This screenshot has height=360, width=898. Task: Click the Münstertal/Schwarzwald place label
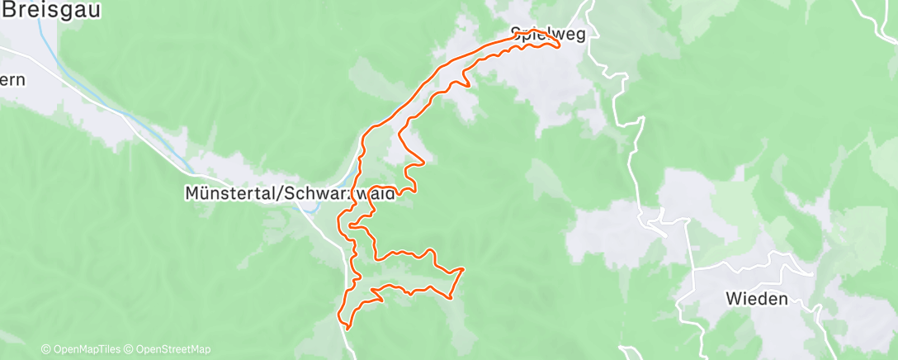pyautogui.click(x=288, y=193)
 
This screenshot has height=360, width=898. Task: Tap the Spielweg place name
pyautogui.click(x=547, y=35)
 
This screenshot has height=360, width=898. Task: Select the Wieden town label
pyautogui.click(x=757, y=299)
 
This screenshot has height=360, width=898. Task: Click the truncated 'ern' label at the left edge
pyautogui.click(x=12, y=80)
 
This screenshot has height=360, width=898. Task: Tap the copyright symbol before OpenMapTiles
pyautogui.click(x=45, y=349)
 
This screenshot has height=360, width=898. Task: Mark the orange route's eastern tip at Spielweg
pyautogui.click(x=560, y=45)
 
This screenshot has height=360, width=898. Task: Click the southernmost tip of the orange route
pyautogui.click(x=347, y=328)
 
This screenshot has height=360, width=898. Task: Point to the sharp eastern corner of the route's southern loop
pyautogui.click(x=463, y=268)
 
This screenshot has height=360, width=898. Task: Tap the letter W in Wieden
pyautogui.click(x=732, y=299)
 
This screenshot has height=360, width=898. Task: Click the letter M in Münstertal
pyautogui.click(x=189, y=193)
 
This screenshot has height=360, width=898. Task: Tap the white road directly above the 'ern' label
pyautogui.click(x=17, y=58)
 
